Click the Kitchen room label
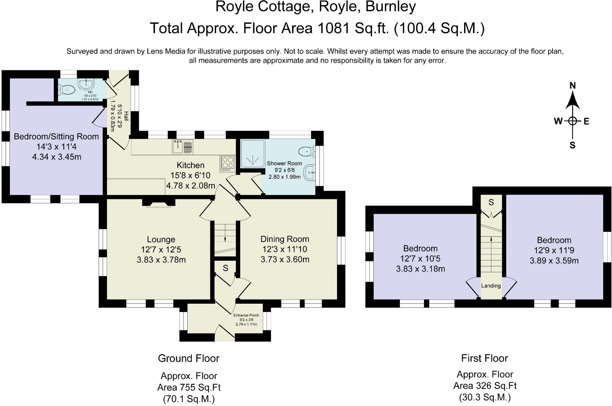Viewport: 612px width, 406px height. coord(190,165)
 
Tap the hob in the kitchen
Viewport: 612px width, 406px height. coord(228,163)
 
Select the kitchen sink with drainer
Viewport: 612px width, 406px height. coord(182,147)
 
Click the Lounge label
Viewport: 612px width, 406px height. coord(161,240)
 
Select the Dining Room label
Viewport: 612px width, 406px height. coord(284,239)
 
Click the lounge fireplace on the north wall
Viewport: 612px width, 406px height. coord(159,203)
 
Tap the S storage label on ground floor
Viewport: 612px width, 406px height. coord(225,268)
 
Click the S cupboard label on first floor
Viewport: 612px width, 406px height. coord(491,203)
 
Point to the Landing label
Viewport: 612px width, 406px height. coord(491,286)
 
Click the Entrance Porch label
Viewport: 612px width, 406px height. coord(246,315)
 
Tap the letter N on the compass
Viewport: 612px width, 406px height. coord(572,86)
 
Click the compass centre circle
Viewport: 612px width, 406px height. coord(572,121)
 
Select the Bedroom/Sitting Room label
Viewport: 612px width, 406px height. coord(56,137)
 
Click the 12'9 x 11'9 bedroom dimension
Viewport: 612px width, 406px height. coord(554,250)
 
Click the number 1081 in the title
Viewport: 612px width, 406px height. coord(333,28)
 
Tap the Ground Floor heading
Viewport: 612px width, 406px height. coord(189,358)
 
